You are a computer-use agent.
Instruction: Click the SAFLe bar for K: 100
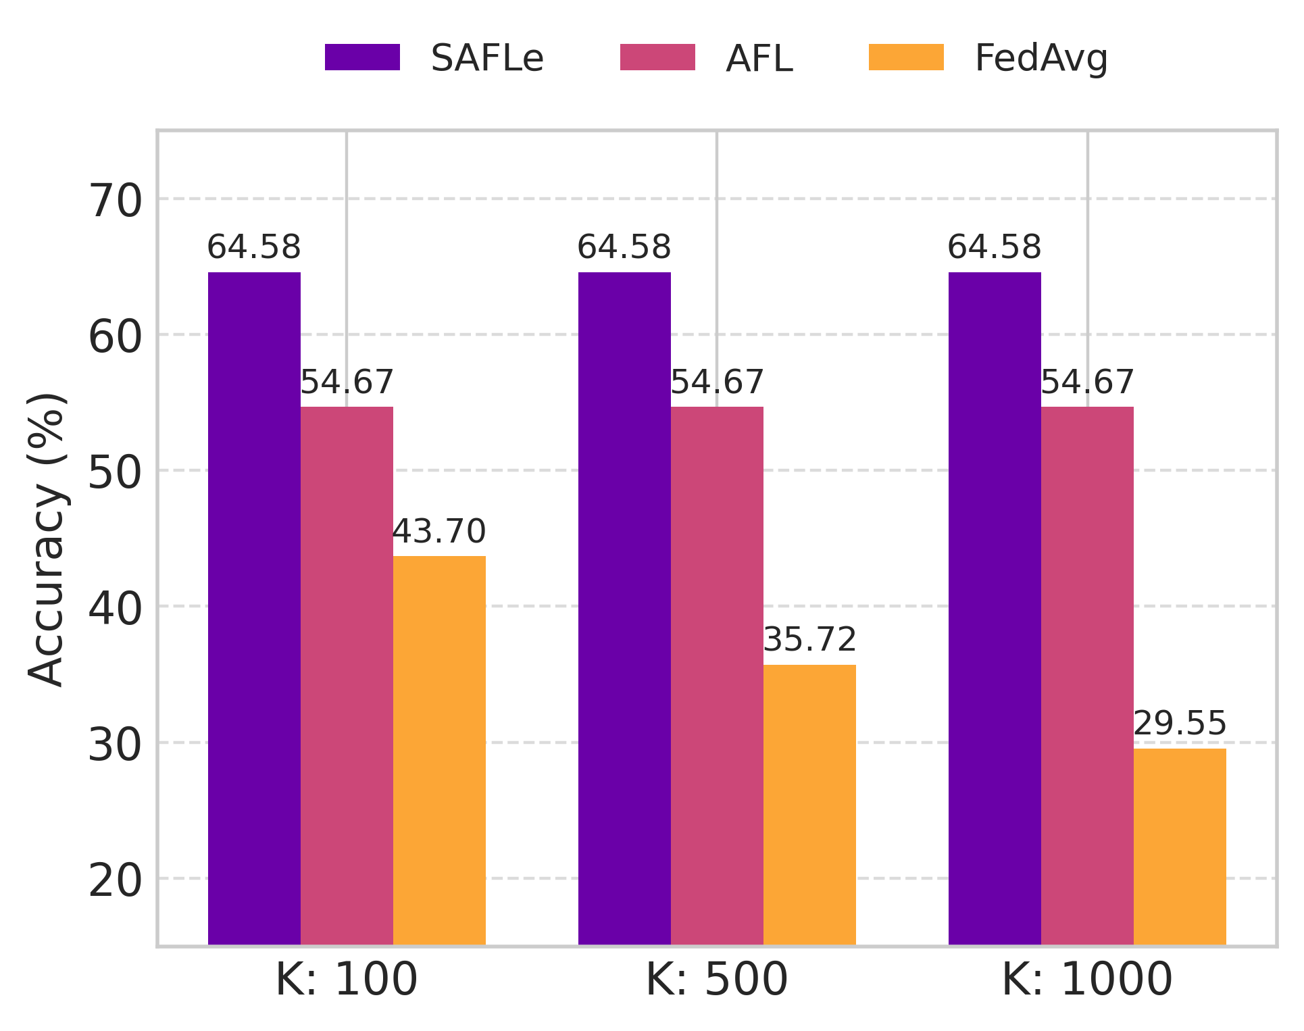(254, 608)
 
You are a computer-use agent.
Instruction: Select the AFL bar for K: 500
(717, 676)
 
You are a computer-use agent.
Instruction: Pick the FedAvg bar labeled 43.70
(439, 750)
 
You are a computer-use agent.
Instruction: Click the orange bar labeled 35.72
(809, 804)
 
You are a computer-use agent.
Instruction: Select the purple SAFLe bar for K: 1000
(995, 608)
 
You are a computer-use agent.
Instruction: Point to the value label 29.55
(1180, 724)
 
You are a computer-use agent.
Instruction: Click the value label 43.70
(439, 532)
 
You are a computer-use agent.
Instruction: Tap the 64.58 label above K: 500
(624, 247)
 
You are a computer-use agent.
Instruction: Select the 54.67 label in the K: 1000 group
(1087, 382)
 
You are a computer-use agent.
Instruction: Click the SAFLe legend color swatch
(362, 57)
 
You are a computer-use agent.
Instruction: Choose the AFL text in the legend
(759, 59)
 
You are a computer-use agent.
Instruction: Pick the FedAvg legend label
(1040, 59)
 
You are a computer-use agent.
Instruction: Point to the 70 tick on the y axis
(116, 201)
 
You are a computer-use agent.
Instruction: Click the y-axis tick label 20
(116, 881)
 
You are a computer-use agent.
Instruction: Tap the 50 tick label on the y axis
(116, 474)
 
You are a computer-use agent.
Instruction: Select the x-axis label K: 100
(347, 980)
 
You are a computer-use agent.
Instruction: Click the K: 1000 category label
(1087, 980)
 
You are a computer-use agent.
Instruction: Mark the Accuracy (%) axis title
(47, 539)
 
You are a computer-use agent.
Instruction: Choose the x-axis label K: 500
(717, 980)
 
